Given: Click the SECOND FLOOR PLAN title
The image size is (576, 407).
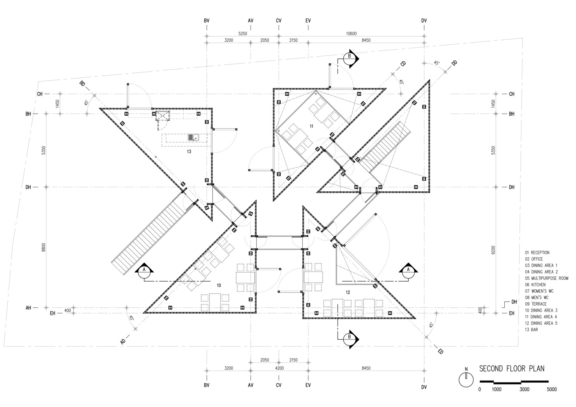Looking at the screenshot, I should click(511, 369).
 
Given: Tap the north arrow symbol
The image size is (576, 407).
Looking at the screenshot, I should click(466, 379).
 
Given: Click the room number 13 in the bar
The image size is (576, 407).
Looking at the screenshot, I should click(189, 151).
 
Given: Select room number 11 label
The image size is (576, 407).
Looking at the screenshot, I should click(312, 126).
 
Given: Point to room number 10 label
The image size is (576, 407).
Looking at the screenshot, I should click(219, 285).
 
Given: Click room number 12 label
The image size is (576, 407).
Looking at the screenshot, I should click(347, 292).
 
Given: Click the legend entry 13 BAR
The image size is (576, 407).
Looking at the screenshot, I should click(531, 330).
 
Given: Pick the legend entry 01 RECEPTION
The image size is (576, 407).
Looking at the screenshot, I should click(537, 253).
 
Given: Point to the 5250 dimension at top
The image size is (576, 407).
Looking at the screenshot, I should click(243, 34).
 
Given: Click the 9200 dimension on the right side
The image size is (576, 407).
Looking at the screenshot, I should click(493, 249).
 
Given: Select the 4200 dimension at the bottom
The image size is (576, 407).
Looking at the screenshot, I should click(279, 368).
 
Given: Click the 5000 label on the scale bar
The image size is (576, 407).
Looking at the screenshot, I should click(552, 389).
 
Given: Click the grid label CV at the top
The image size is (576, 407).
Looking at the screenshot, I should click(279, 20).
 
